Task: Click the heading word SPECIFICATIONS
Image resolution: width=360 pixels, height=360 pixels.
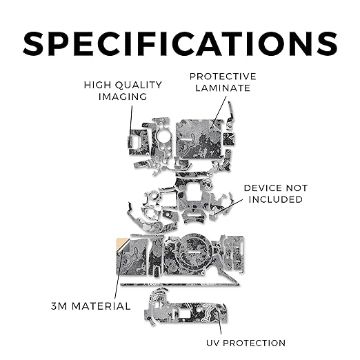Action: [x=180, y=43]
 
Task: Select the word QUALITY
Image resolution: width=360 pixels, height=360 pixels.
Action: [x=139, y=86]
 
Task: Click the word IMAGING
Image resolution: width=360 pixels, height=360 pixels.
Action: [x=123, y=97]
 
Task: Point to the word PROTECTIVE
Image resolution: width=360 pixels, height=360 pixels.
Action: [x=223, y=77]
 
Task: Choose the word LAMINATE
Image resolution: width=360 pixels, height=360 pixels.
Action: [x=223, y=88]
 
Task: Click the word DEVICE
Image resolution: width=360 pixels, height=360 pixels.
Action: [x=263, y=188]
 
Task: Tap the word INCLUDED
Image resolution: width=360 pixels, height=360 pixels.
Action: [x=276, y=199]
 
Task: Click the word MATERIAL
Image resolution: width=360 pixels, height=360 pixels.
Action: [x=101, y=306]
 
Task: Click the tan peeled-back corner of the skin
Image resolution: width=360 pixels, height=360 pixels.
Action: [x=122, y=244]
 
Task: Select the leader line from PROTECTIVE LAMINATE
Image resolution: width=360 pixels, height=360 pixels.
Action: [x=219, y=112]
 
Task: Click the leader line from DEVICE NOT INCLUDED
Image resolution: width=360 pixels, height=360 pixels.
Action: [x=228, y=207]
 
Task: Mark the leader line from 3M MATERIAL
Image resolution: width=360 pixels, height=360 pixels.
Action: [x=119, y=275]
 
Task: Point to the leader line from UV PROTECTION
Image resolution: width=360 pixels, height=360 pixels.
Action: [x=219, y=322]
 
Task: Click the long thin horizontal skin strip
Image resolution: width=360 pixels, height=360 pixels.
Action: [x=180, y=285]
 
